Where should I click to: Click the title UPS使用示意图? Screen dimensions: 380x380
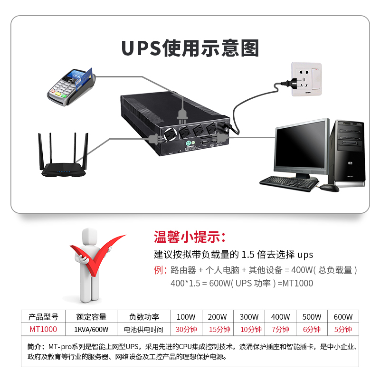click(190, 49)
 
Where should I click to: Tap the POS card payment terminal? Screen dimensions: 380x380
click(71, 85)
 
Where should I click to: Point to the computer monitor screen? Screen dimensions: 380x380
click(301, 145)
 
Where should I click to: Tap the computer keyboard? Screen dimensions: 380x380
click(288, 181)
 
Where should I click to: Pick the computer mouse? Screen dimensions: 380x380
click(329, 187)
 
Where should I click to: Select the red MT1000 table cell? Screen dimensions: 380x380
click(43, 329)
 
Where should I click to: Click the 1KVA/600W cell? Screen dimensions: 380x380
click(91, 329)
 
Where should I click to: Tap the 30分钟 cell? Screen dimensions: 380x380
click(186, 329)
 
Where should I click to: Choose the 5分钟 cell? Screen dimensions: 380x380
click(343, 329)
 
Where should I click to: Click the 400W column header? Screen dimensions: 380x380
click(280, 317)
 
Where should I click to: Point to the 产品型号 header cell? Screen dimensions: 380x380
click(43, 317)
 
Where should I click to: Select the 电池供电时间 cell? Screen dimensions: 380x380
click(143, 329)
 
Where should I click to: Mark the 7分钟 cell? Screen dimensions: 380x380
click(280, 329)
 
